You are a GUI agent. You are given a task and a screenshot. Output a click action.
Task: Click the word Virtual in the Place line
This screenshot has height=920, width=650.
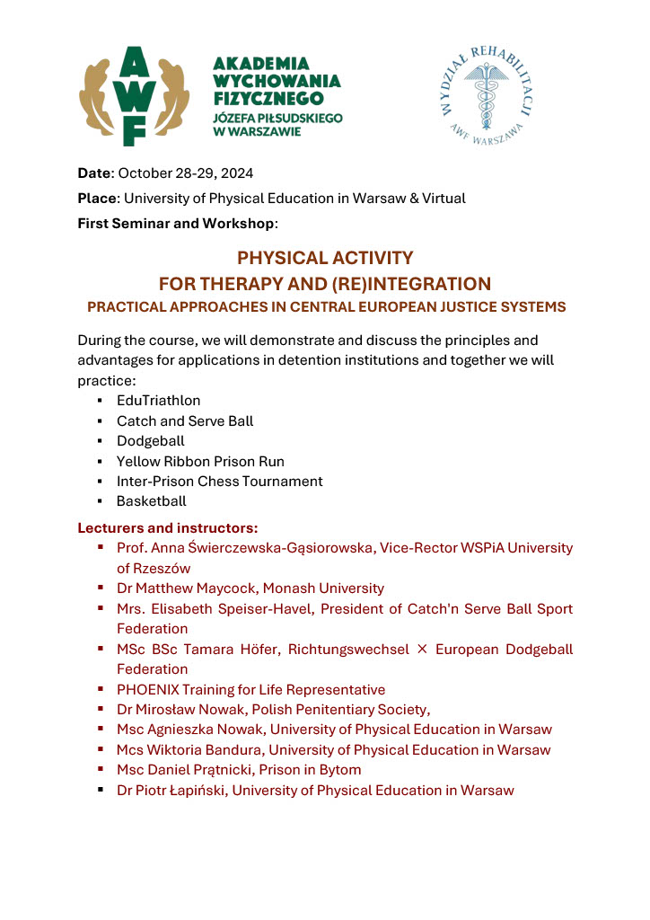[x=443, y=199]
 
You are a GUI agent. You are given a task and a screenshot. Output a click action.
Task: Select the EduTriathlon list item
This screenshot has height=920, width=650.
[x=159, y=401]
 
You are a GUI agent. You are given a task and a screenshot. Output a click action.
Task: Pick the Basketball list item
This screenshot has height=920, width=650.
[x=152, y=501]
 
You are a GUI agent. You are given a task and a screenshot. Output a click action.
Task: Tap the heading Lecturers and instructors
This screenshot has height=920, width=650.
[x=168, y=527]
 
